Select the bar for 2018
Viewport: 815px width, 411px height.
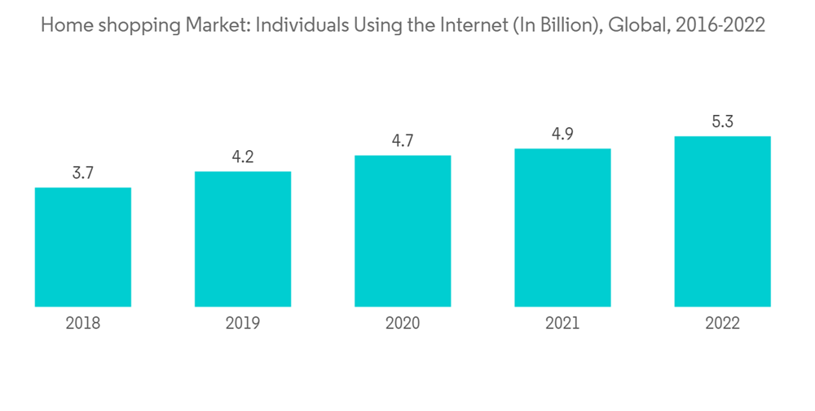tap(83, 247)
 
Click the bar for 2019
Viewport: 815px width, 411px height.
tap(243, 239)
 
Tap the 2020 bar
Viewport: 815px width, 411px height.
tap(403, 231)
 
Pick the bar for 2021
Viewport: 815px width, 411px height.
tap(562, 228)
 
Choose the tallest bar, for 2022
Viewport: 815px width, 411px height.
tap(722, 221)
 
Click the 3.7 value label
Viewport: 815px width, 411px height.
tap(83, 173)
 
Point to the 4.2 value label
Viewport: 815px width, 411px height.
tap(243, 157)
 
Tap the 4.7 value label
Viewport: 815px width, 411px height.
tap(403, 140)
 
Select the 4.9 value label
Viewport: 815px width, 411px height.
tap(562, 134)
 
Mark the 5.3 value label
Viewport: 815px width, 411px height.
tap(722, 122)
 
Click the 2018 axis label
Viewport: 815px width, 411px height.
tap(83, 323)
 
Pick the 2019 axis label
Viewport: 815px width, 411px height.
tap(243, 323)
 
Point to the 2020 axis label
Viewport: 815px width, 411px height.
tap(403, 323)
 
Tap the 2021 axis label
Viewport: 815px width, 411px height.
tap(562, 323)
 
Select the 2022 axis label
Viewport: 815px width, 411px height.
tap(722, 323)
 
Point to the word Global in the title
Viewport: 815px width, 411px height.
tap(634, 25)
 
